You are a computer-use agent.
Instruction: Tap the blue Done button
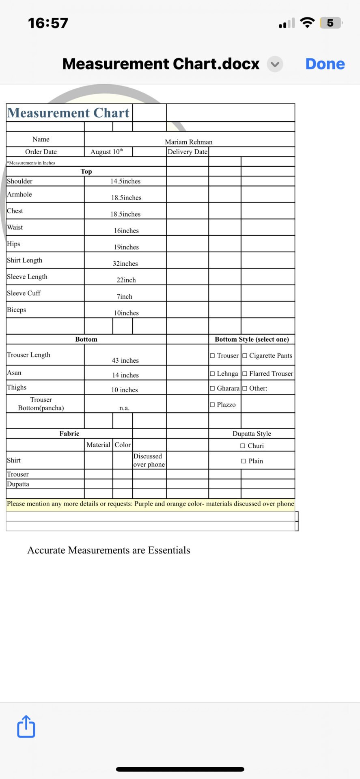(x=325, y=64)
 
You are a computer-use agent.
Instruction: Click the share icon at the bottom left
(x=26, y=726)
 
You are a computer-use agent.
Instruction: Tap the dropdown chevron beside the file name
(x=275, y=64)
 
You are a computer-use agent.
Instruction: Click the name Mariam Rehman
(x=189, y=142)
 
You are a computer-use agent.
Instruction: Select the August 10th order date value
(x=106, y=152)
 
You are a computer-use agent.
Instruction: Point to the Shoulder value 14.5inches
(x=125, y=181)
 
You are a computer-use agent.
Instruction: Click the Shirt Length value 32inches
(x=125, y=263)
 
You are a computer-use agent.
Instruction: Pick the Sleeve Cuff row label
(x=24, y=293)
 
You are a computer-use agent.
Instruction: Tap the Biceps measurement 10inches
(x=126, y=313)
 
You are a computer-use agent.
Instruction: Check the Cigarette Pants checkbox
(x=245, y=356)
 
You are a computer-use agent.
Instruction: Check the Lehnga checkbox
(x=212, y=374)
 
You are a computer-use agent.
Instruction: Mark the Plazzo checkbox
(x=212, y=405)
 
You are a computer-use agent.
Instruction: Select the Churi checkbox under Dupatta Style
(x=243, y=446)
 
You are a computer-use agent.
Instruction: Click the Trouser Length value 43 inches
(x=125, y=360)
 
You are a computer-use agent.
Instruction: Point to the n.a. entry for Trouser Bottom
(x=124, y=408)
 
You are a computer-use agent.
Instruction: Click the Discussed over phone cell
(x=149, y=461)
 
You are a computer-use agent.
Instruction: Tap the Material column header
(x=98, y=445)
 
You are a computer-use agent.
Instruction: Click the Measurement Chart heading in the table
(x=68, y=113)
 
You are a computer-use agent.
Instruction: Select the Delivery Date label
(x=188, y=152)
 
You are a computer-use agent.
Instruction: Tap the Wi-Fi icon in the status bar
(x=307, y=23)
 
